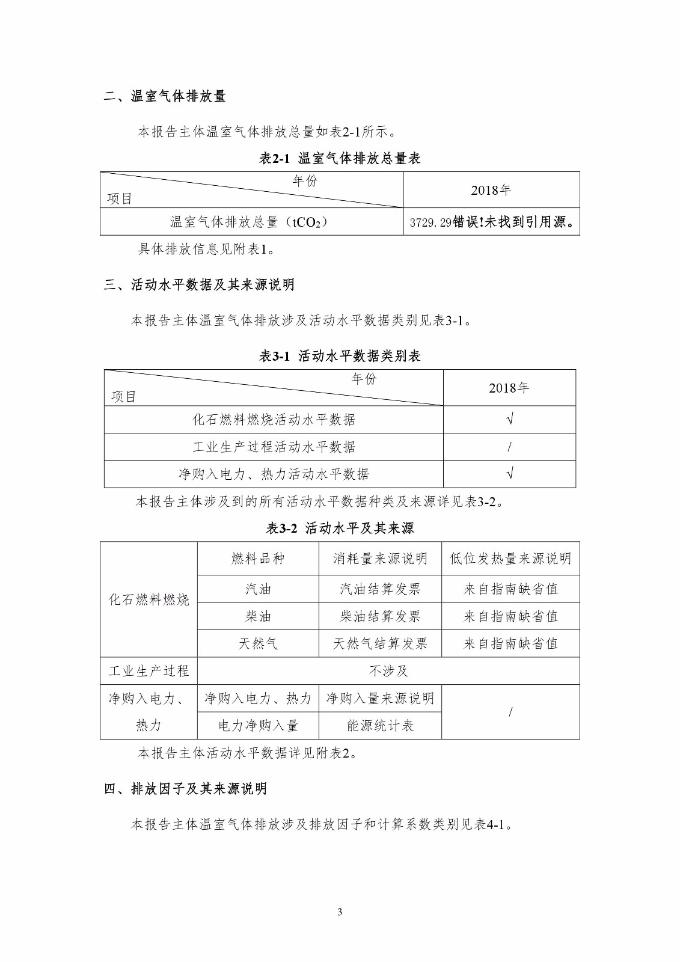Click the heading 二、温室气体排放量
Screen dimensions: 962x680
point(165,96)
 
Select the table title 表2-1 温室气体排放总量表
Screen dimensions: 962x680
point(340,158)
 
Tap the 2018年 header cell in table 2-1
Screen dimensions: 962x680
point(491,191)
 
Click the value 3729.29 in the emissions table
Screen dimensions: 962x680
point(430,222)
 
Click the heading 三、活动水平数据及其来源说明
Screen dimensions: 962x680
point(199,285)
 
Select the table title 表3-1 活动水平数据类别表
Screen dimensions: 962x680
point(340,356)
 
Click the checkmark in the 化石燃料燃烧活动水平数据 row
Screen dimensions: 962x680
point(509,420)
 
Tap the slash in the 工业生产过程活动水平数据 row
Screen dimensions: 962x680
point(509,447)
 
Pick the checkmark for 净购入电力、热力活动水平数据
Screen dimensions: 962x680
point(509,474)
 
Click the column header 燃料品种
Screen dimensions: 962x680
point(258,559)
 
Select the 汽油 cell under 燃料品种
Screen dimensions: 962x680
point(258,589)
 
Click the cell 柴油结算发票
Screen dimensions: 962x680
point(380,616)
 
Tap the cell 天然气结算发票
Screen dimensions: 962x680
point(380,644)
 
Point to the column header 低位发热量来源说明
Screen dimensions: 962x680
point(510,559)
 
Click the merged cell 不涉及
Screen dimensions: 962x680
point(388,671)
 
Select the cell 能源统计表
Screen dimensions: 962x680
point(380,726)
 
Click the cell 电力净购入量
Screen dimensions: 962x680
point(258,726)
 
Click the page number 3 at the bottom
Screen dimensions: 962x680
point(340,912)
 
